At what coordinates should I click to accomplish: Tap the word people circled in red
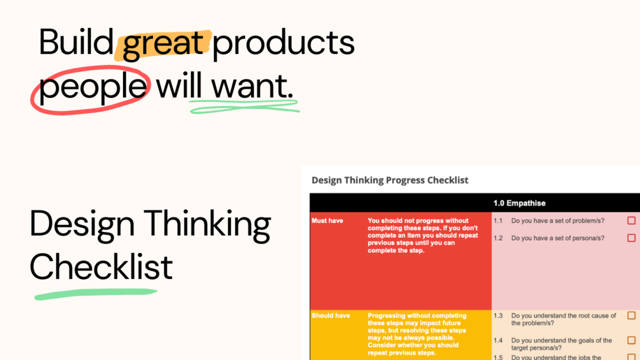pos(92,87)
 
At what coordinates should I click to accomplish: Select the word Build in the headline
pos(75,43)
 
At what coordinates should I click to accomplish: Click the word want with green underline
pos(252,87)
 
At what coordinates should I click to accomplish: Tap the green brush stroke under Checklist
pos(96,294)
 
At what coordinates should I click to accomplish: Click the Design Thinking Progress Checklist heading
pos(390,180)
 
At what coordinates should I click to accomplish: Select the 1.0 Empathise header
pos(519,203)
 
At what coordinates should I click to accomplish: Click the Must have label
pos(327,221)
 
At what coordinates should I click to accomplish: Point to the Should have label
pos(331,315)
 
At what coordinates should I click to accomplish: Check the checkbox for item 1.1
pos(631,220)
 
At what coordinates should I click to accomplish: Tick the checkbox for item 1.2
pos(631,238)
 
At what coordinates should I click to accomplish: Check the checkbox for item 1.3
pos(631,315)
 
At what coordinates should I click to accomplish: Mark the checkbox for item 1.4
pos(631,341)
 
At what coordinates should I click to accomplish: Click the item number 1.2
pos(498,238)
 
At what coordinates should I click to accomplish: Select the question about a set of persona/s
pos(558,238)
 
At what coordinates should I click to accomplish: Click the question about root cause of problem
pos(563,319)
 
